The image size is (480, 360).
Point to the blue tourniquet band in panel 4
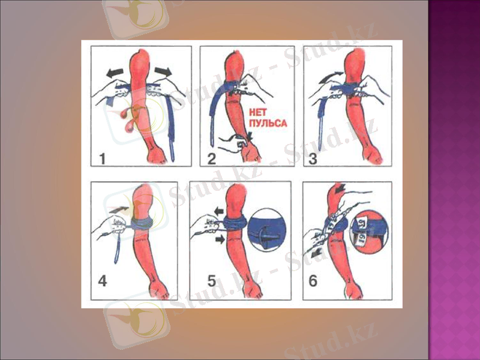[x=144, y=224]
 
